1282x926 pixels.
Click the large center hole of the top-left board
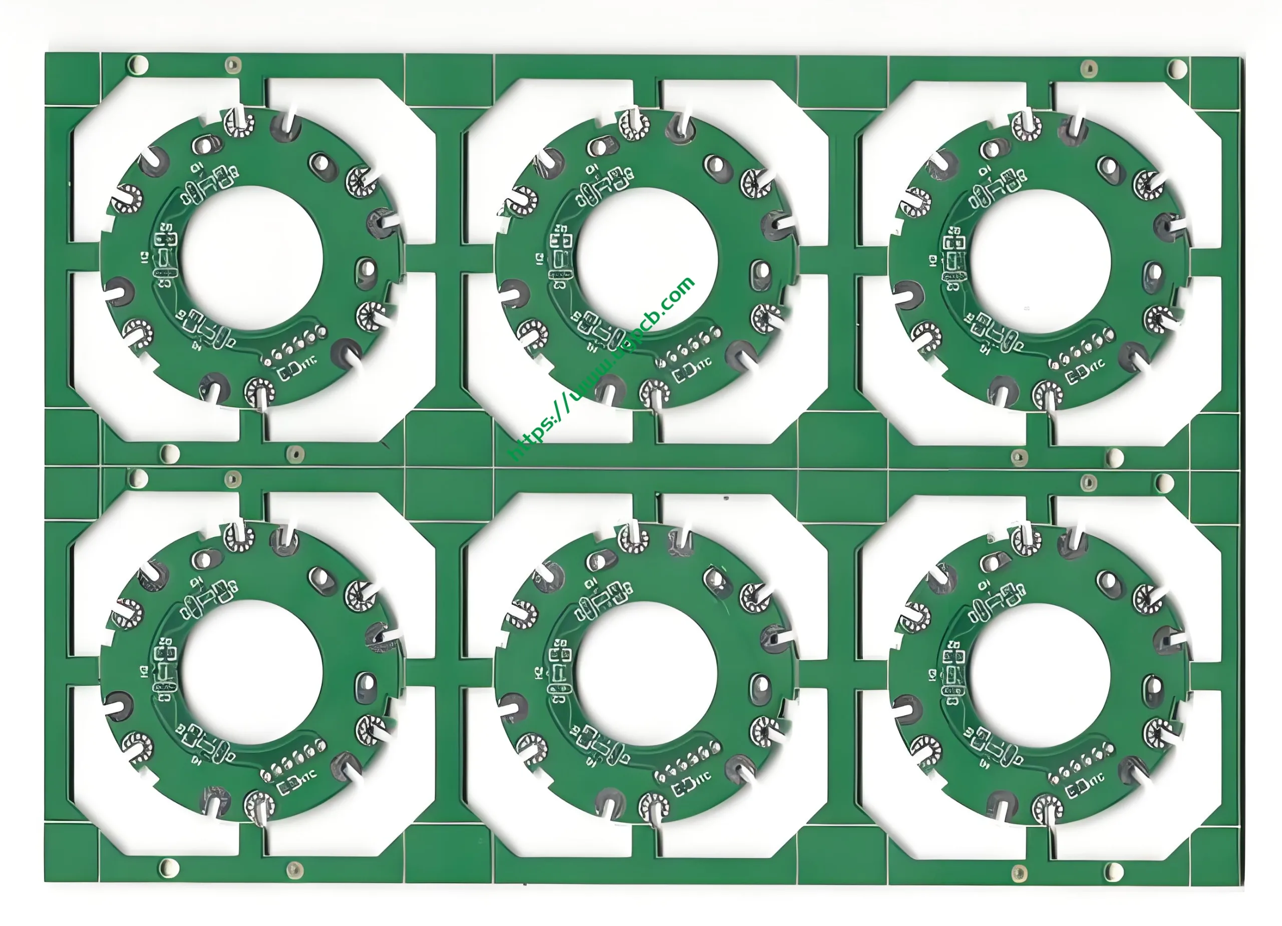pos(252,258)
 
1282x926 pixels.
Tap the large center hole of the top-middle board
pos(647,260)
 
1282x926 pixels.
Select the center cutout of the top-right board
pos(1041,261)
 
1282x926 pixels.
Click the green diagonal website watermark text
pos(602,370)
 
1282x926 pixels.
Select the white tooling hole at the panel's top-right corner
pos(1173,69)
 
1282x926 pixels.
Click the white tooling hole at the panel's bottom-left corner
pos(168,868)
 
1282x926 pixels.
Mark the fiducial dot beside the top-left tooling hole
pos(232,65)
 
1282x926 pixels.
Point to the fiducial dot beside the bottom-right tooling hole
pos(1019,873)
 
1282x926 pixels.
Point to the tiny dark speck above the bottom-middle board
pos(726,499)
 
